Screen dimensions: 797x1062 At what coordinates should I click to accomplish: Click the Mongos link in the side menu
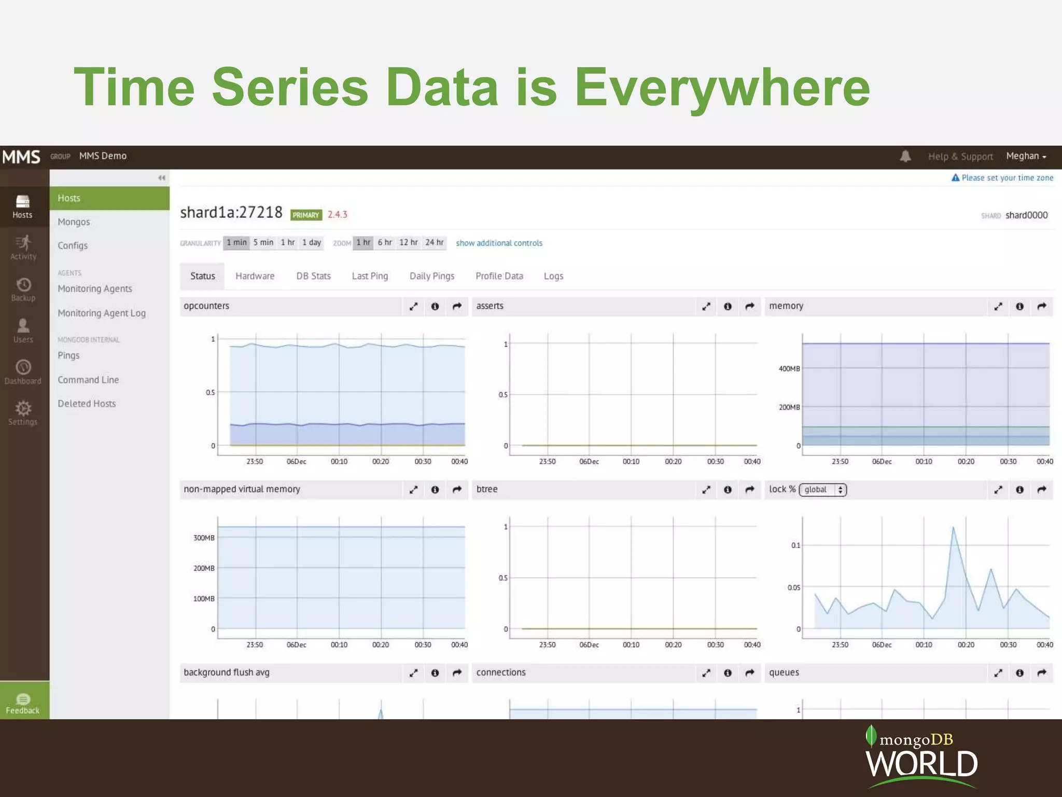tap(74, 222)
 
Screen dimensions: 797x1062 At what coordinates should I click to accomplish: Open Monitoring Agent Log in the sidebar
tap(102, 313)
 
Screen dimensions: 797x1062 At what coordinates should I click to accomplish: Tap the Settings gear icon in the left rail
tap(23, 408)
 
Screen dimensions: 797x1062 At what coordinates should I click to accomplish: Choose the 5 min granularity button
tap(263, 243)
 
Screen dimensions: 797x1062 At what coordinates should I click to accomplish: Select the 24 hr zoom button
tap(434, 243)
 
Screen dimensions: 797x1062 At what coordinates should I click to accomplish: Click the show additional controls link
tap(499, 243)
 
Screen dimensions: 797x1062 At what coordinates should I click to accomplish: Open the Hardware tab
tap(255, 276)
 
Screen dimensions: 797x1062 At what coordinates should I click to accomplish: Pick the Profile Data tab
tap(499, 276)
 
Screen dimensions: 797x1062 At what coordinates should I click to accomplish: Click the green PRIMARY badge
tap(306, 215)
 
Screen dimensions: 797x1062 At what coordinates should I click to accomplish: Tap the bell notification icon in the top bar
tap(905, 156)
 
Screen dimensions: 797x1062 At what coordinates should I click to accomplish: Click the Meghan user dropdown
tap(1026, 156)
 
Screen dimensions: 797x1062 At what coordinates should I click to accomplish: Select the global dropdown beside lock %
tap(822, 490)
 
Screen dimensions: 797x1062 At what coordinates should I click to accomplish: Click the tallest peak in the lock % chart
tap(953, 528)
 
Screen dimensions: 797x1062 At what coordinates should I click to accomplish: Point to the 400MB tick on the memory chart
tap(789, 369)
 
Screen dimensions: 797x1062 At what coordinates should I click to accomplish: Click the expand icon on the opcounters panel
tap(413, 307)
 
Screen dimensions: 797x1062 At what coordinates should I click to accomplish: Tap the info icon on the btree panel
tap(728, 490)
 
